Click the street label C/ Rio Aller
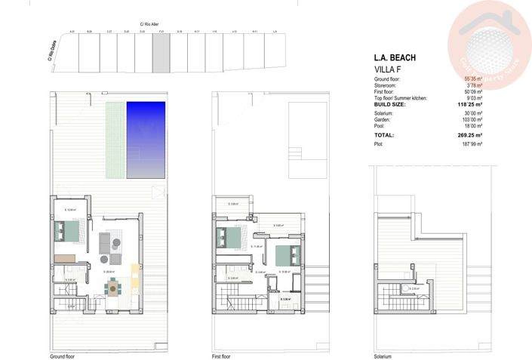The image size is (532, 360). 149,24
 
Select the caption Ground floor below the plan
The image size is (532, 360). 63,355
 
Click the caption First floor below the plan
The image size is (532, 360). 222,355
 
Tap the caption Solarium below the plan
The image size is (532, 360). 383,355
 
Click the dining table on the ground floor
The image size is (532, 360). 114,286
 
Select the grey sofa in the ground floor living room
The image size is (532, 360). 104,243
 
